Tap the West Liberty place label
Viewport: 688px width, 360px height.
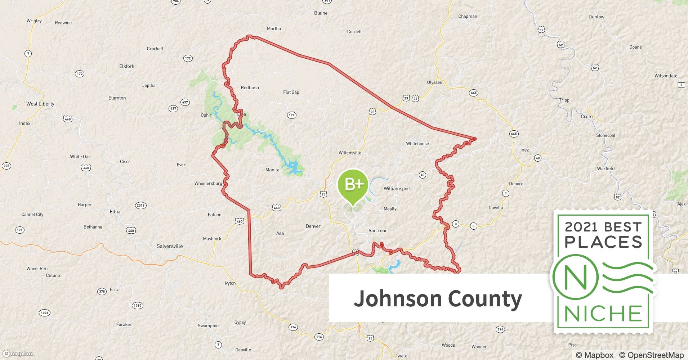tap(40, 104)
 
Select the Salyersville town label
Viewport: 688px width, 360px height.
tap(170, 246)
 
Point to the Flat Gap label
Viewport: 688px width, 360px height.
tap(291, 92)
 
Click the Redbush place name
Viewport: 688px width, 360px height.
tap(250, 87)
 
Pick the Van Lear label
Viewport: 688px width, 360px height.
tap(377, 230)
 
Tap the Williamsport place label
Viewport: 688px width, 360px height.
tap(397, 189)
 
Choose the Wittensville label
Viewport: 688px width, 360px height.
tap(350, 153)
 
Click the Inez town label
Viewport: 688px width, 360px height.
tap(524, 150)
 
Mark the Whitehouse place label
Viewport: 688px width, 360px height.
tap(417, 144)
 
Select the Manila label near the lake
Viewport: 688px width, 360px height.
tap(272, 170)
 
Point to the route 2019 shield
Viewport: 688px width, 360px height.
tap(140, 206)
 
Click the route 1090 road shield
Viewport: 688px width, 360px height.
tap(138, 306)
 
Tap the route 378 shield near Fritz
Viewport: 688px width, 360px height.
tap(102, 291)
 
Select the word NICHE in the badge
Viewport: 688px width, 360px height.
tap(603, 314)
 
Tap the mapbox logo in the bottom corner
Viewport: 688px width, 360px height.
tap(18, 354)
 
